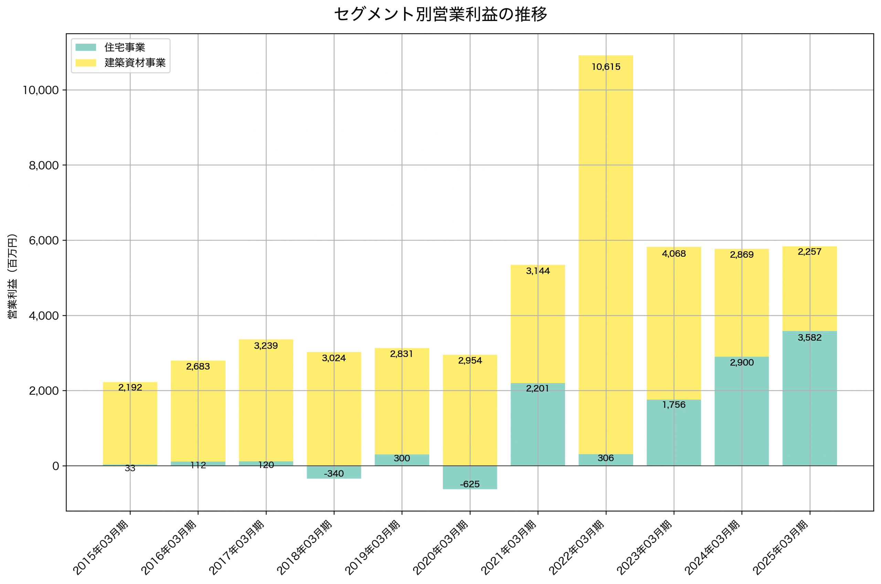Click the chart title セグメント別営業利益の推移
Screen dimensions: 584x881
point(440,14)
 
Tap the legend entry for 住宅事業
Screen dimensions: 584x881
point(124,47)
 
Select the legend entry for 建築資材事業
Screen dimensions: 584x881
point(135,63)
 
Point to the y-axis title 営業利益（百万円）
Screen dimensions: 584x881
point(12,276)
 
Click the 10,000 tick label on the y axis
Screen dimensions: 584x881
point(41,90)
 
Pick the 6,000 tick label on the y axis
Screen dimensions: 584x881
point(44,241)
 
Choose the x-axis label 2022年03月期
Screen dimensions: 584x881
point(577,548)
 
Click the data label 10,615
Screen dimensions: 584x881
point(606,67)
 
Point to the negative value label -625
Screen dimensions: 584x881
point(469,484)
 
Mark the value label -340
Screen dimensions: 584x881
point(333,474)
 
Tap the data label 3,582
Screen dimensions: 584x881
point(809,338)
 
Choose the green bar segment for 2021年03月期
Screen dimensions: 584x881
point(538,428)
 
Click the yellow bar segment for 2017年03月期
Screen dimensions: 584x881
point(266,402)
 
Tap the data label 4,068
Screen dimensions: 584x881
point(673,254)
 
